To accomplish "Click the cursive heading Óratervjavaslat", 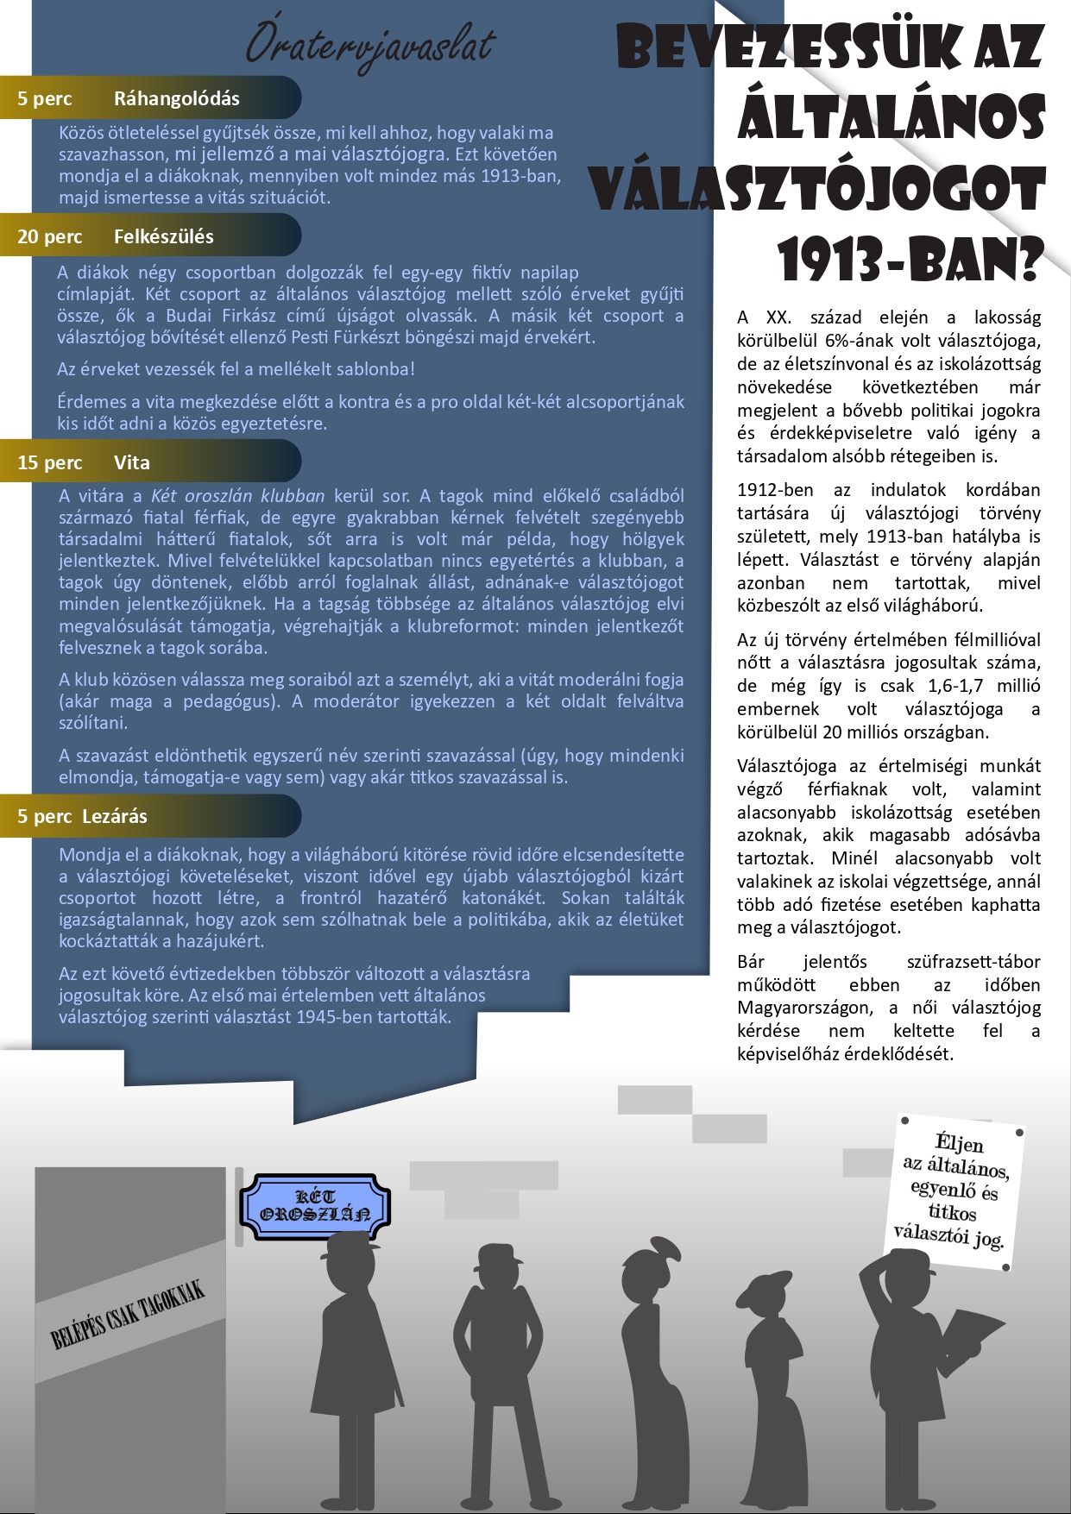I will (369, 45).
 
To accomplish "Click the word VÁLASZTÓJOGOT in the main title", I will (817, 190).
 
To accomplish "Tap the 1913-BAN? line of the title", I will (909, 259).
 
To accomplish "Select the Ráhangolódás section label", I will (176, 98).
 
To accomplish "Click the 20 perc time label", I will (50, 236).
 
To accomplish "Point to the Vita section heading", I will (132, 462).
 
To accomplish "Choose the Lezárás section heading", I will (115, 816).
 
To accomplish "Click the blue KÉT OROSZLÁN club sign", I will (315, 1206).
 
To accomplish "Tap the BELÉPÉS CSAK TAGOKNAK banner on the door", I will (128, 1315).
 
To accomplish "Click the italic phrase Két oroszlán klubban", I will (237, 496).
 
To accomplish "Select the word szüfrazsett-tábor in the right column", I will (973, 962).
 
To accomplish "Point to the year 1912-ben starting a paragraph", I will (775, 490).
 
